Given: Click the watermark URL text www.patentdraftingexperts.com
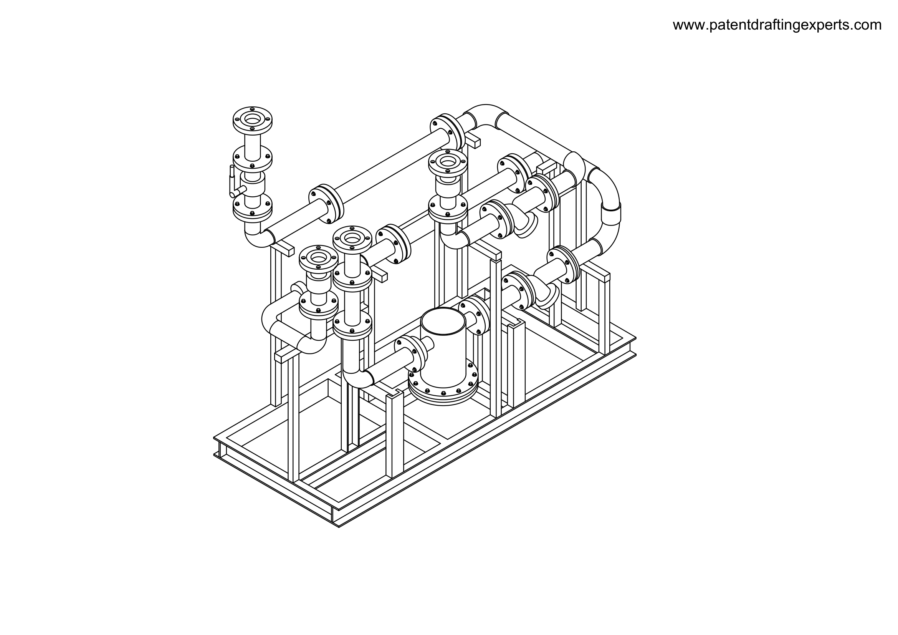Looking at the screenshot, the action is [777, 25].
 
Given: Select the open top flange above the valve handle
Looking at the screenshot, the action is [252, 119].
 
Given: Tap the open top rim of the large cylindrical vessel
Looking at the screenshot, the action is [443, 321].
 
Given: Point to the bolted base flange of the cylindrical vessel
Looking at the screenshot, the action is [443, 385].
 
